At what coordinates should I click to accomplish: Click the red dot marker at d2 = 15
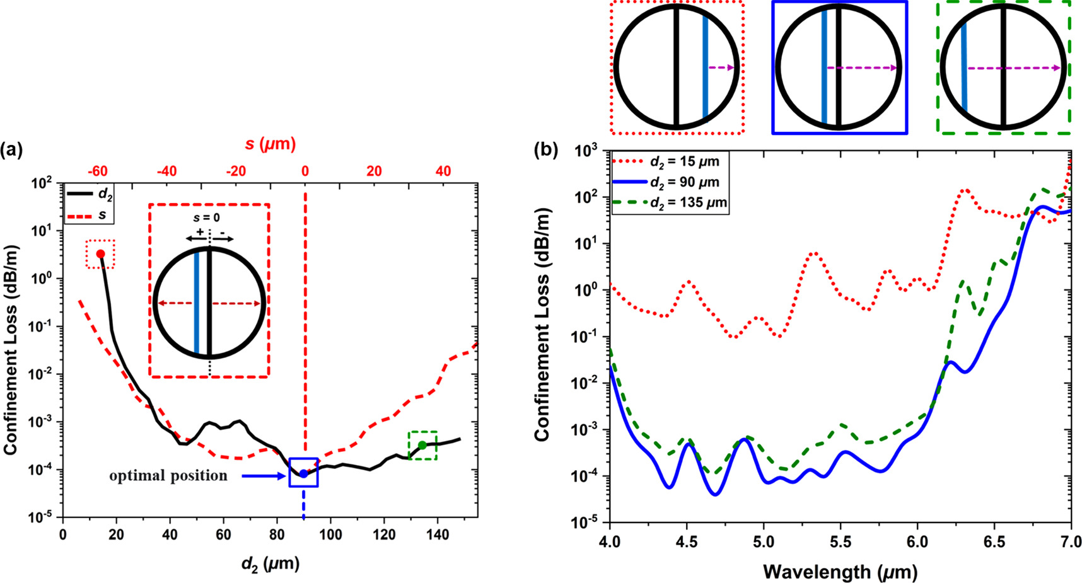tap(100, 254)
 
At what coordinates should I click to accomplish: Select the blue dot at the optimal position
tap(303, 473)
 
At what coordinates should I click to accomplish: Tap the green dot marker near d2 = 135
tap(422, 446)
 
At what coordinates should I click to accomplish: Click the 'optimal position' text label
tap(168, 476)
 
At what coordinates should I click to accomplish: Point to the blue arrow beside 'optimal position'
tap(264, 476)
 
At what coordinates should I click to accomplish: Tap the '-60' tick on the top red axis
tap(97, 171)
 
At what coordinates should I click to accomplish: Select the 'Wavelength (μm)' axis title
tap(840, 572)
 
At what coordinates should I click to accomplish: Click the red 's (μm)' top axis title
tap(270, 144)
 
